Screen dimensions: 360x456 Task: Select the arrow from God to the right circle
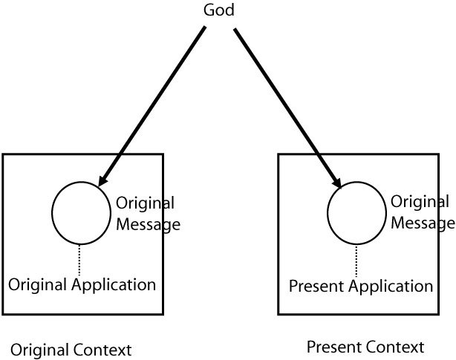click(286, 104)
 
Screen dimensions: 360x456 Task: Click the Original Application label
click(82, 284)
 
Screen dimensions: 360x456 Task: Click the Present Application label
click(360, 286)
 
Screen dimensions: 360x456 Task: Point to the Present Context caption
click(365, 347)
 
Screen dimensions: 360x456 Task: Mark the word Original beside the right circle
click(420, 202)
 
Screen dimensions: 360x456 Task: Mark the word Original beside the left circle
click(146, 203)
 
